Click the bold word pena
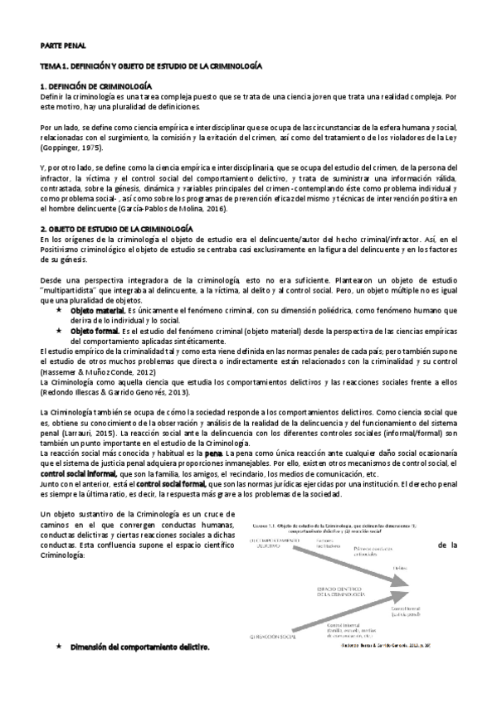(213, 453)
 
